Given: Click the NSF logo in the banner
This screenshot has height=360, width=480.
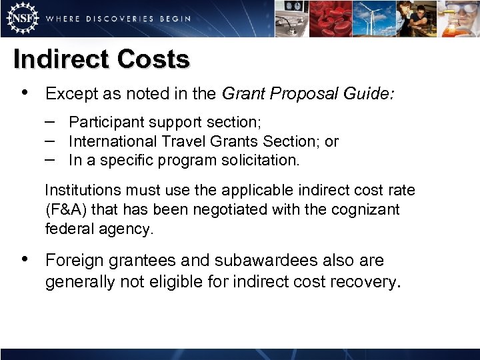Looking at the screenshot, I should (21, 18).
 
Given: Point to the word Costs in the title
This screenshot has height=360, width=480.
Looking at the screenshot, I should (153, 59).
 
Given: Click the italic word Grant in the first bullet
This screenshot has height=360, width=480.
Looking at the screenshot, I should (242, 94).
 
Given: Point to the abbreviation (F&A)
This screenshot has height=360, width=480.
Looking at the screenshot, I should (66, 210).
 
